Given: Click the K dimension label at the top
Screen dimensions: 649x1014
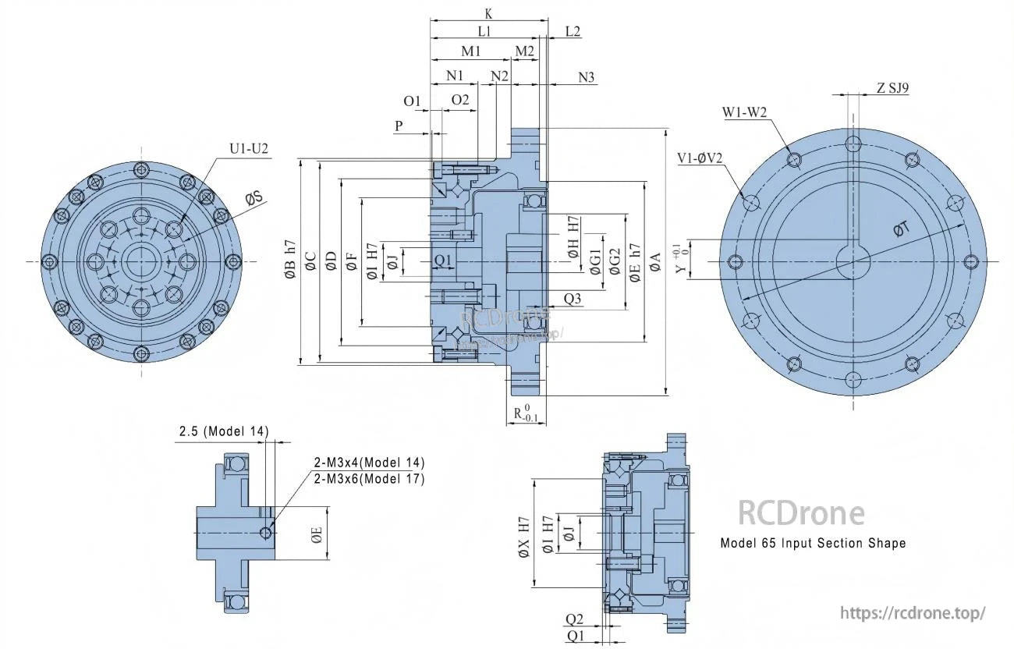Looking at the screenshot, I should point(487,13).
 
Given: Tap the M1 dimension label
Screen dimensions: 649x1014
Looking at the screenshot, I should point(470,51).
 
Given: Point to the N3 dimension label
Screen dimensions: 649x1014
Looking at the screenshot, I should point(586,77).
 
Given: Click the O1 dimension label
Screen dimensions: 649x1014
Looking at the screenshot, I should point(412,101).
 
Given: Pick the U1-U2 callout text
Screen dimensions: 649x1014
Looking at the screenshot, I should point(249,148).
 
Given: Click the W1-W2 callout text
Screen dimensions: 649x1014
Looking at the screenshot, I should point(744,113).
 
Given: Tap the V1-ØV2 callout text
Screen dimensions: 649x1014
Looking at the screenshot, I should point(700,158).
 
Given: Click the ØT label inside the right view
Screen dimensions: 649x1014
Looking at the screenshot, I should point(901,229).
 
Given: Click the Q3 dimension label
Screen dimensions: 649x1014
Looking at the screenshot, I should point(572,299).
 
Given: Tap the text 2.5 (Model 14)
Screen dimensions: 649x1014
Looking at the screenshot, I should point(224,431).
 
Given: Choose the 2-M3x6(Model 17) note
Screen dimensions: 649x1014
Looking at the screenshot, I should point(369,479).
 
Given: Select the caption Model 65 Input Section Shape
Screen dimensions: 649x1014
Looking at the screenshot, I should point(813,543).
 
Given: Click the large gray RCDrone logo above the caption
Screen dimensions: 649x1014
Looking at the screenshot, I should point(801,513).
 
